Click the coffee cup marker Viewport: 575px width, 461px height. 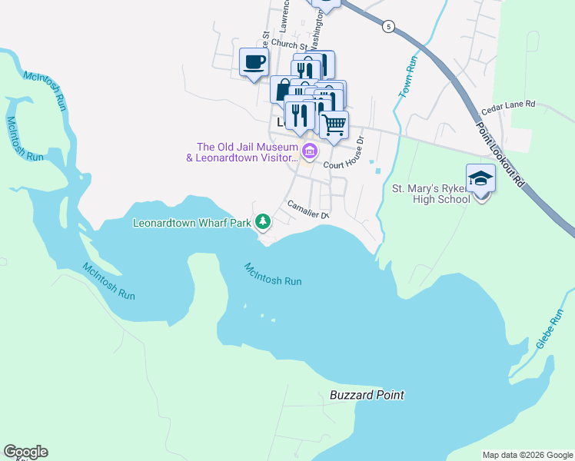(x=254, y=62)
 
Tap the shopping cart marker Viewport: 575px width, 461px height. (x=334, y=124)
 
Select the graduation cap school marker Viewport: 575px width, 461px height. (x=481, y=179)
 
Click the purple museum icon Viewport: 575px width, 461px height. (x=309, y=151)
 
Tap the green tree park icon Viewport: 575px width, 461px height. (x=263, y=221)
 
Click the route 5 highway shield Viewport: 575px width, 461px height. (x=389, y=26)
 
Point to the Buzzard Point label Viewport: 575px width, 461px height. (x=367, y=395)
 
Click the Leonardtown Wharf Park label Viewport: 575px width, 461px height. (x=192, y=224)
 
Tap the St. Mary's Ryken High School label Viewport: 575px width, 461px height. (x=430, y=194)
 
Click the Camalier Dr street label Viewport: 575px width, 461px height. (x=307, y=209)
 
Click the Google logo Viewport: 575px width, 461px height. (x=25, y=452)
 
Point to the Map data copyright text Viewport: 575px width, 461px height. (x=527, y=455)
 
